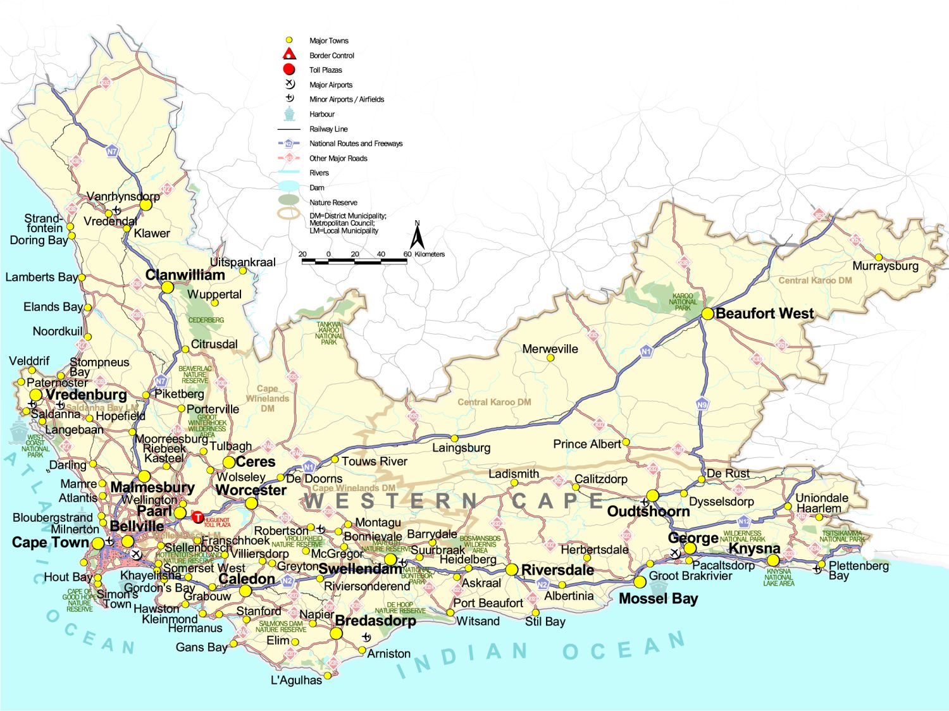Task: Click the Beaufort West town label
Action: (764, 314)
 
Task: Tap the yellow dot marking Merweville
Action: (550, 358)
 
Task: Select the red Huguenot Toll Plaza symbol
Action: (198, 518)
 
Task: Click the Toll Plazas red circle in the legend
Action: (289, 70)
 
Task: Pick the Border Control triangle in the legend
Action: (289, 54)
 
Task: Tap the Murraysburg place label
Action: (885, 266)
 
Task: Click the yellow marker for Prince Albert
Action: (626, 442)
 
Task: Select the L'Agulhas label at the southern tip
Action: (296, 680)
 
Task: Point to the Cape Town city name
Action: (51, 543)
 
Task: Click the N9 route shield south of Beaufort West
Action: (702, 405)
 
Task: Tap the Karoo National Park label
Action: (683, 302)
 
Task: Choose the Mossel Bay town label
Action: (658, 598)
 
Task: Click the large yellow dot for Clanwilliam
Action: (167, 287)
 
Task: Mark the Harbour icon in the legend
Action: (289, 114)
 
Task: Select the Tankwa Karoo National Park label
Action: (328, 333)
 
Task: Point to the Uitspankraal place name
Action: (242, 262)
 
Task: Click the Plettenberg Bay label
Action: (858, 570)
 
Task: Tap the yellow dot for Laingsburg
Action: (454, 438)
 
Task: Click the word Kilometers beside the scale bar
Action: (430, 254)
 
